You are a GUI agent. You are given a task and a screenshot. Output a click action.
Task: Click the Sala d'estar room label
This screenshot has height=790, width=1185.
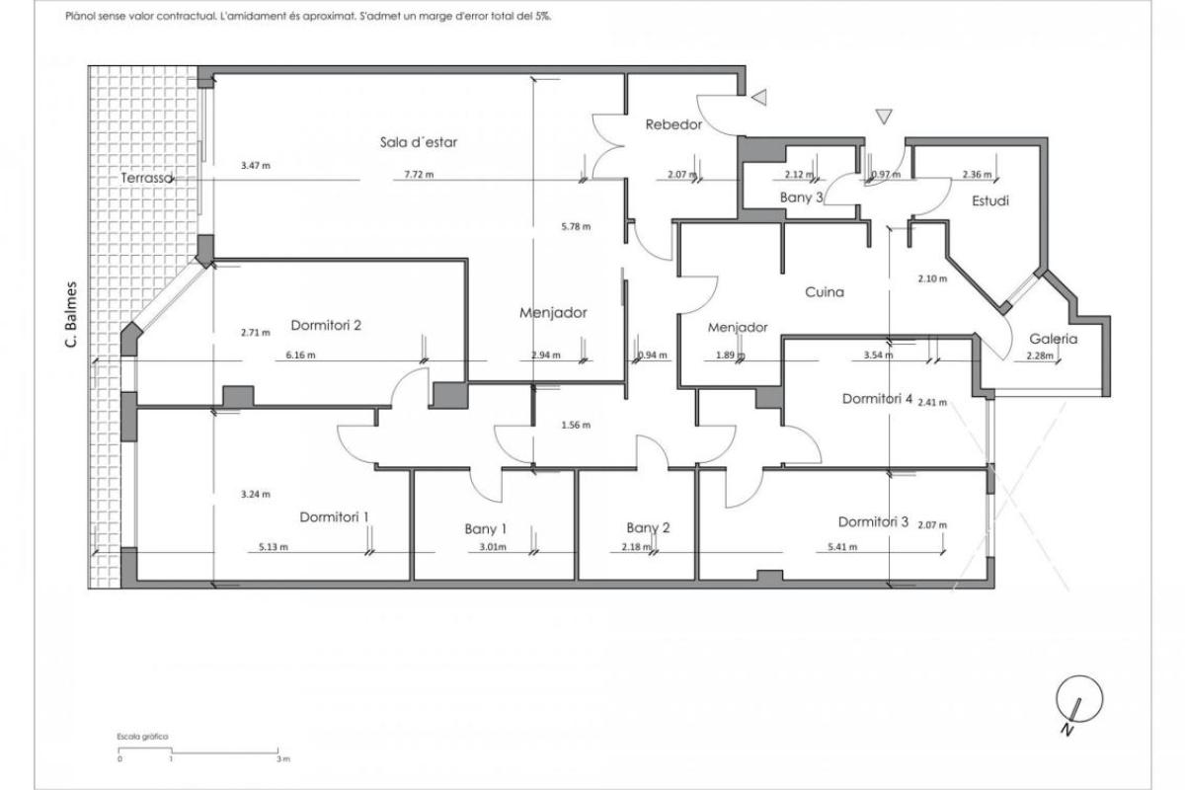click(x=419, y=142)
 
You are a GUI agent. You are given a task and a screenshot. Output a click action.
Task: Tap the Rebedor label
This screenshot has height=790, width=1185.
click(x=673, y=124)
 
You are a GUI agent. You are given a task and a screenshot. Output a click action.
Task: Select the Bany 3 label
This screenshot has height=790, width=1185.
click(x=802, y=197)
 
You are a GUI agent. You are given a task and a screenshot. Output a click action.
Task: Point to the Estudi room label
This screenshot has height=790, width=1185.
click(x=990, y=200)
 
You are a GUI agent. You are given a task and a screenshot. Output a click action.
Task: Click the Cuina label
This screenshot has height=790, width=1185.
click(x=825, y=291)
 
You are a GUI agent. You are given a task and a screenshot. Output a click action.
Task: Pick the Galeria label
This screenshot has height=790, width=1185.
click(x=1054, y=339)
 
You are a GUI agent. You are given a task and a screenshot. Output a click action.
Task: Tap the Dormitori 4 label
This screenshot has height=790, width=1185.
click(x=877, y=398)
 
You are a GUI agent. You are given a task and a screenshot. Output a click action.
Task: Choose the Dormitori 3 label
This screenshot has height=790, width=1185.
click(x=873, y=521)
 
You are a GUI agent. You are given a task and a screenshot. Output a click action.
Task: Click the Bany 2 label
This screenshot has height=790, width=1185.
click(x=648, y=527)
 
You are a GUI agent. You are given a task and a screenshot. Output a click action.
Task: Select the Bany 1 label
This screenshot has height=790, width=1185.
click(x=486, y=528)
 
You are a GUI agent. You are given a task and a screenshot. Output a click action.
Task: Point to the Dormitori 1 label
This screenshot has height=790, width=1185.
click(x=334, y=517)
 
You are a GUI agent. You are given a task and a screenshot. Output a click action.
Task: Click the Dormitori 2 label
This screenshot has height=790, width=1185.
click(x=326, y=325)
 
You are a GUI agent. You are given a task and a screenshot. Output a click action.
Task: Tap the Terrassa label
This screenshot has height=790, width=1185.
click(x=146, y=178)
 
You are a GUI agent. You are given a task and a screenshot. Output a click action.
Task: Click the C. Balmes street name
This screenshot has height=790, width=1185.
click(x=71, y=314)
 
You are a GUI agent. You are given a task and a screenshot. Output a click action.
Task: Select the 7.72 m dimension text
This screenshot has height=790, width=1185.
click(x=419, y=174)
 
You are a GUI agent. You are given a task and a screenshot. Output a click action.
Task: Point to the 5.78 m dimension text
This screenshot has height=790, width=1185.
click(x=576, y=226)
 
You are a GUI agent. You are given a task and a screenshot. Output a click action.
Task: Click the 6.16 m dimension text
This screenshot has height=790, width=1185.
click(x=300, y=355)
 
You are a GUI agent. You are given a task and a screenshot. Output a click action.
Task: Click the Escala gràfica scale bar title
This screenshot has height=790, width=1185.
click(x=142, y=737)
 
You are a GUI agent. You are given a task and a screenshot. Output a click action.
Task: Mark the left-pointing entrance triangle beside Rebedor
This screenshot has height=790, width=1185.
click(x=759, y=98)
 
